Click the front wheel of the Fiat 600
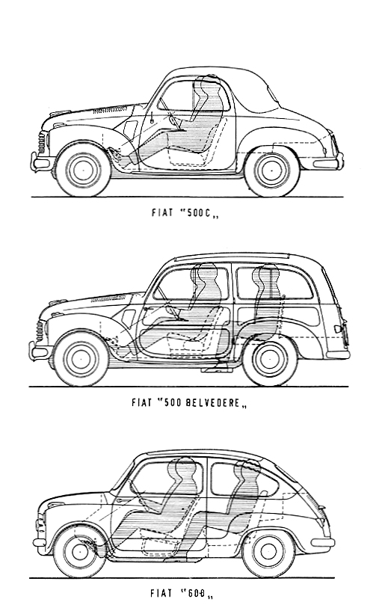(79, 551)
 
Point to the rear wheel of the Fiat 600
(268, 551)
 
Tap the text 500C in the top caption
(199, 213)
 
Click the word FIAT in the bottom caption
(161, 593)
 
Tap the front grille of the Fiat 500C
(42, 144)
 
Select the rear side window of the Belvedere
(274, 282)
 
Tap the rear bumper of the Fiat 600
(322, 542)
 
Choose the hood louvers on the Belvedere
(108, 298)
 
